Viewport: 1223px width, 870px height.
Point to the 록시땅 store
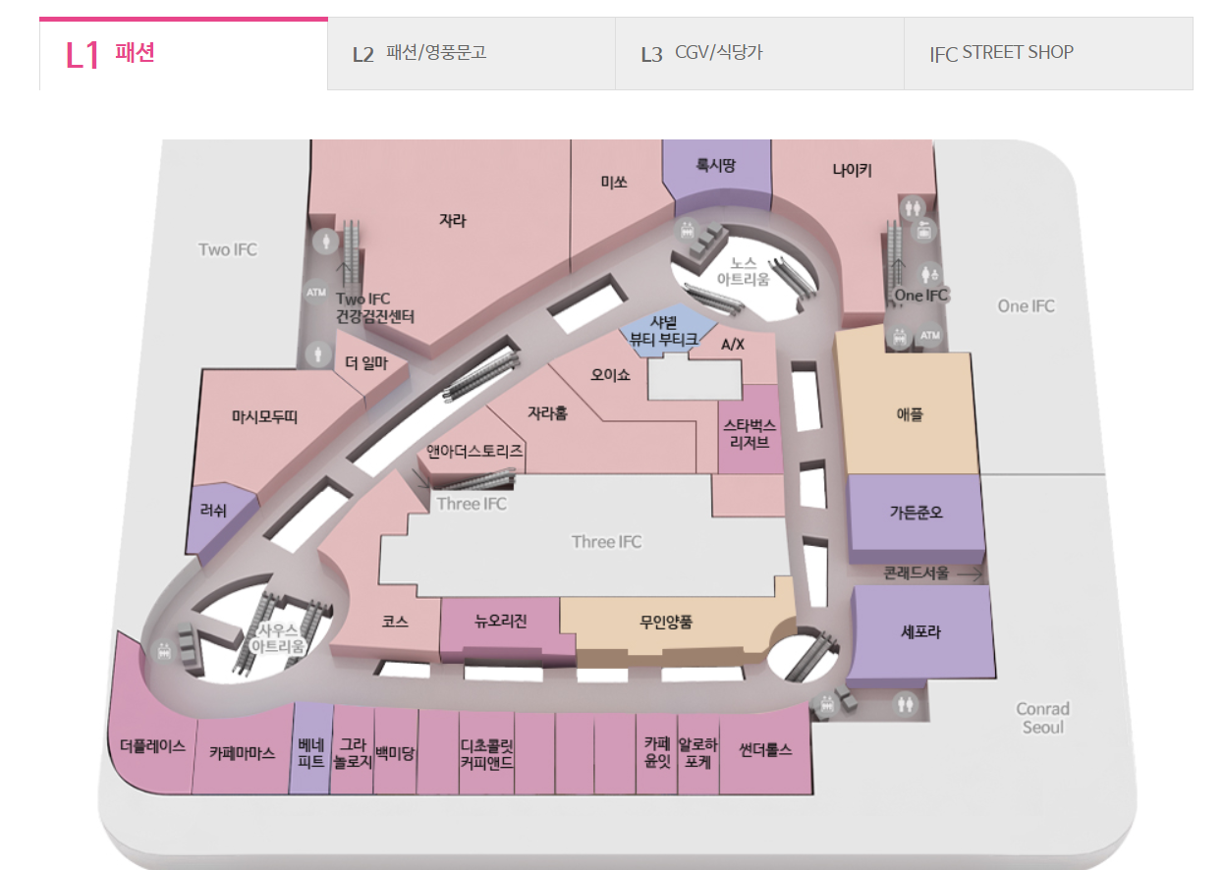pos(716,166)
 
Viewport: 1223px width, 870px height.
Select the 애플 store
pos(910,415)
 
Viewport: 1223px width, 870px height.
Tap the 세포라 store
pos(920,632)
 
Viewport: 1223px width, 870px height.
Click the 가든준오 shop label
pos(917,513)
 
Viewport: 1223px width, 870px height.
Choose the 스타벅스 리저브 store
pos(750,434)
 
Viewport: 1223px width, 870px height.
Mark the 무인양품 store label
pos(666,622)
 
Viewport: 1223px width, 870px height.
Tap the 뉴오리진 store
pos(501,622)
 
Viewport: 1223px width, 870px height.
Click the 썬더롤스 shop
pos(765,749)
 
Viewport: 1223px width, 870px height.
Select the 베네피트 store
pos(310,752)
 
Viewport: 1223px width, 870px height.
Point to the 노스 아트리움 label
pos(743,271)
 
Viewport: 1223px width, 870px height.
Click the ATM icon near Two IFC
pos(316,292)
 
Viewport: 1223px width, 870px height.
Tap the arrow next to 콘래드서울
pos(970,573)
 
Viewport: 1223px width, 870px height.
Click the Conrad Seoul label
pos(1042,718)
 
